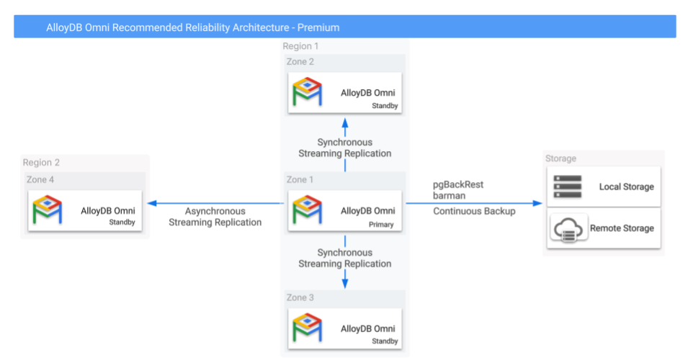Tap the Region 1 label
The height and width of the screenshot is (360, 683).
point(300,47)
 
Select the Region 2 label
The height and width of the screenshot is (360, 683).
point(41,163)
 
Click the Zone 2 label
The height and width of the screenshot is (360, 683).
point(300,62)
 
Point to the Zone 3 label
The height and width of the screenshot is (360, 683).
point(300,297)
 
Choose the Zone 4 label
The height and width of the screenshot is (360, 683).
point(40,180)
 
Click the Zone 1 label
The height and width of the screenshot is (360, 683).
point(300,180)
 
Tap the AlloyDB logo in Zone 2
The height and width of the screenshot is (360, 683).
point(308,92)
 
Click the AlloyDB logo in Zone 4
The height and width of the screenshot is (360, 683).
point(49,210)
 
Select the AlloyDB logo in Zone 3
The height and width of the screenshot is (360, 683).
point(308,328)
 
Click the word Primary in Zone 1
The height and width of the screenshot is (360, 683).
point(382,225)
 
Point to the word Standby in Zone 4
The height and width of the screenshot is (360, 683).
point(122,222)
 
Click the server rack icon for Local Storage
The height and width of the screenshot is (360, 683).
point(567,186)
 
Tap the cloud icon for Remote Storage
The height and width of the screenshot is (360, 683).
point(567,229)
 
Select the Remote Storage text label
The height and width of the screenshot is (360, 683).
point(622,228)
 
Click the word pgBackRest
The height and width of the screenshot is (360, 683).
point(457,185)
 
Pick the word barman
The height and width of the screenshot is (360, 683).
point(448,195)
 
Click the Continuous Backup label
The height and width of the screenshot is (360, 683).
point(473,212)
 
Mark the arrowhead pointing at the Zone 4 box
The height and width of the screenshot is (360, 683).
point(151,204)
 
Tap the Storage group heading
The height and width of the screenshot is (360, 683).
point(561,158)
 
